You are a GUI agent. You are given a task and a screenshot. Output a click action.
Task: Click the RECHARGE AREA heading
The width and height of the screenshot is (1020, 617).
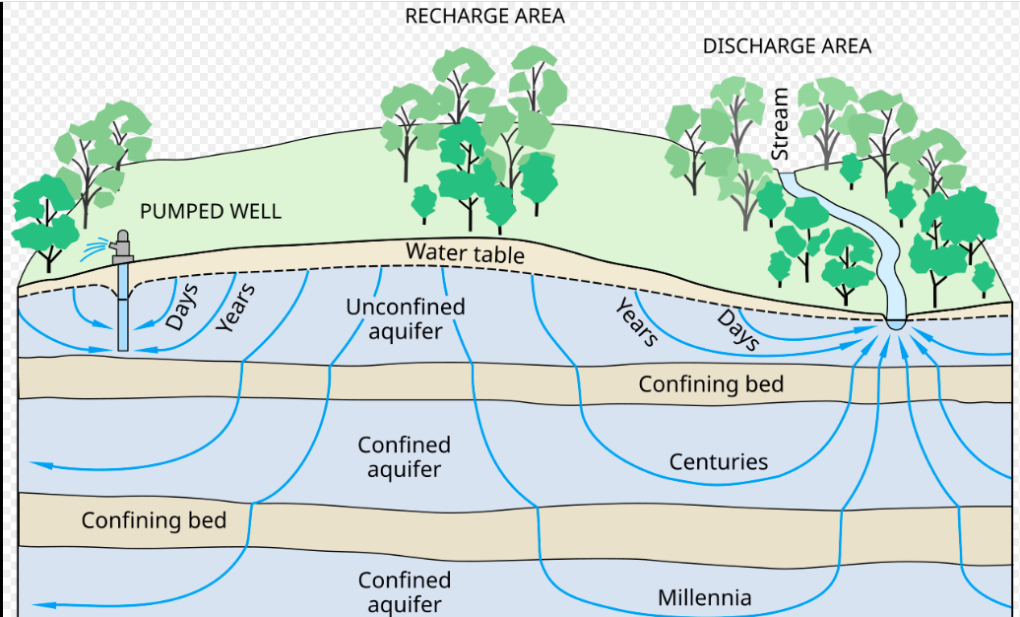point(485,17)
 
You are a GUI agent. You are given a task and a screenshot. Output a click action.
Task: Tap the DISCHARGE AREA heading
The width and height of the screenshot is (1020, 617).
point(787,46)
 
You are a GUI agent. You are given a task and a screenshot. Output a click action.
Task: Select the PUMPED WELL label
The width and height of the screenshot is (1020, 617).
point(210,211)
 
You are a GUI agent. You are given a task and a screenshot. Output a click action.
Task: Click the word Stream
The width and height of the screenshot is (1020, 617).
point(781,124)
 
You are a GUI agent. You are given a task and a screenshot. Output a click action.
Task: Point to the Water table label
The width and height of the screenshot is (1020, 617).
point(465,254)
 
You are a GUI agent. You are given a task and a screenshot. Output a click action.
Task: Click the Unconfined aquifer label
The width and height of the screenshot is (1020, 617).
point(405,318)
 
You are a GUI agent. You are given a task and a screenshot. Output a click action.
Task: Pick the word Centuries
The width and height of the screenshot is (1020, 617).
point(718,461)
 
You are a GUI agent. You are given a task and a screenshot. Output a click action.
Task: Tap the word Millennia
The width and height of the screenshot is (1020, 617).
point(704,597)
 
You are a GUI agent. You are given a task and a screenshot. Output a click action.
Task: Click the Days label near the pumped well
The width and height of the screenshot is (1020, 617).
point(182,306)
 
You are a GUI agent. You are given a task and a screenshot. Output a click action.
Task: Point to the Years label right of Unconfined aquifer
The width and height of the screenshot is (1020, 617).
point(636,322)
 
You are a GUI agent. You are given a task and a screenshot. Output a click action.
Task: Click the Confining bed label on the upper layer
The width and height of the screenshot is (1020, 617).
point(711,383)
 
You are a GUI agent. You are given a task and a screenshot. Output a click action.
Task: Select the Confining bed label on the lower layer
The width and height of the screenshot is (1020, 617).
point(154,519)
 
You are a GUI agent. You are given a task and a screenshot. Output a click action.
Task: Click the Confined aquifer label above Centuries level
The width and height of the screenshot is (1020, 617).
point(405,457)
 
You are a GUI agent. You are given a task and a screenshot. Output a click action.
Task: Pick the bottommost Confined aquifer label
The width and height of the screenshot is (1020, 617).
point(405,591)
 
